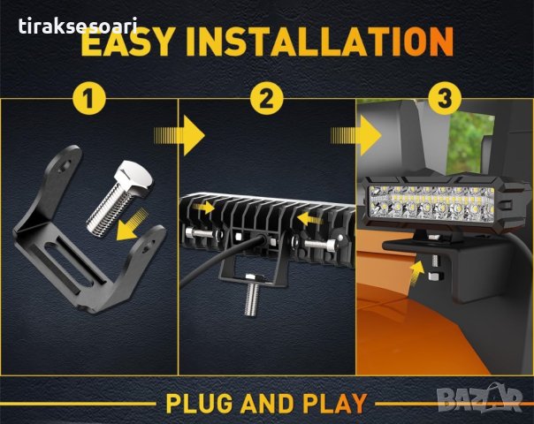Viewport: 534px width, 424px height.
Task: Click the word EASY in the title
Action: (127, 42)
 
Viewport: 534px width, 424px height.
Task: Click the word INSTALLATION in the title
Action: (320, 42)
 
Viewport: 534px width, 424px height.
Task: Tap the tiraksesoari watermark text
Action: (78, 26)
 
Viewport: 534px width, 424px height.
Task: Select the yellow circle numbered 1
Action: (89, 99)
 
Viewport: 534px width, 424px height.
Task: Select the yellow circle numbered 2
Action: (267, 99)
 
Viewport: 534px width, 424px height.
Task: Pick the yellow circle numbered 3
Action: (445, 99)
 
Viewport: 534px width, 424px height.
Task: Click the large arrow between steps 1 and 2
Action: (179, 135)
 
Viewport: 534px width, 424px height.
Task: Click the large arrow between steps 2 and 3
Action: (356, 135)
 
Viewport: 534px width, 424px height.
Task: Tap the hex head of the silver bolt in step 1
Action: (133, 178)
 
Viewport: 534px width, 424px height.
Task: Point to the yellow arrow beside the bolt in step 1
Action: (131, 225)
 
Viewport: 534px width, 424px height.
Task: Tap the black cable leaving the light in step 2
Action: (218, 258)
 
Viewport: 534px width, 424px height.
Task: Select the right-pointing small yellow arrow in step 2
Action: (203, 208)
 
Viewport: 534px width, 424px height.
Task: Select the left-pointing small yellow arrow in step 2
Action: (309, 218)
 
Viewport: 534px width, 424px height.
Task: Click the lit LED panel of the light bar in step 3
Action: (432, 203)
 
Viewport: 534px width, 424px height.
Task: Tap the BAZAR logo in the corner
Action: (479, 397)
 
